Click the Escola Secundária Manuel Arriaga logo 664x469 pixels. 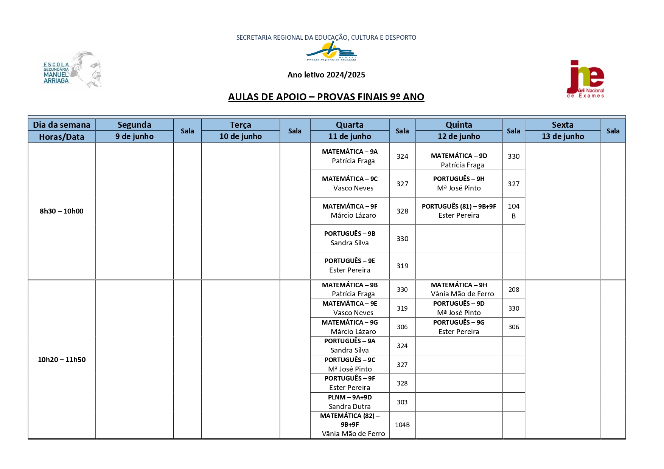71,70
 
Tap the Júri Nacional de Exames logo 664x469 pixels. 585,79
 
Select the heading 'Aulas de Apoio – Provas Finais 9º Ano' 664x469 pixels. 326,97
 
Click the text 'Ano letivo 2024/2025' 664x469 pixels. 326,75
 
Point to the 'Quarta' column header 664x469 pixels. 350,125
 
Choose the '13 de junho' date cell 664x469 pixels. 563,136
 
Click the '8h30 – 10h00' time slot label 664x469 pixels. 61,211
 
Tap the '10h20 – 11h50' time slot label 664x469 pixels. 61,359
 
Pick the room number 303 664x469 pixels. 402,402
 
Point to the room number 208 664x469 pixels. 513,289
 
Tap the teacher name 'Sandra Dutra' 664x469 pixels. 350,407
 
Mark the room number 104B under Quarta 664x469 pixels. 402,425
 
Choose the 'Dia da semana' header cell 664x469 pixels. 61,125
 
